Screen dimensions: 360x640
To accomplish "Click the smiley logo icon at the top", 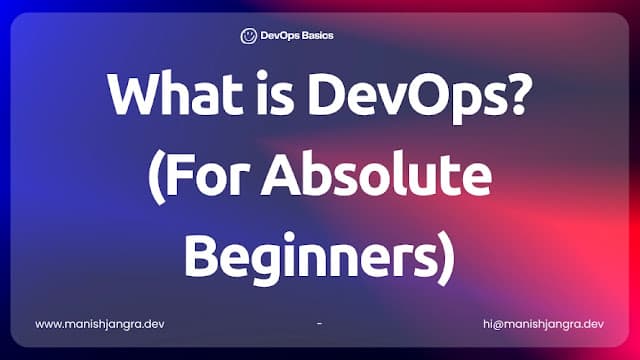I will (248, 35).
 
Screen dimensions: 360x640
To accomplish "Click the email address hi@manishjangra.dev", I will (541, 324).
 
